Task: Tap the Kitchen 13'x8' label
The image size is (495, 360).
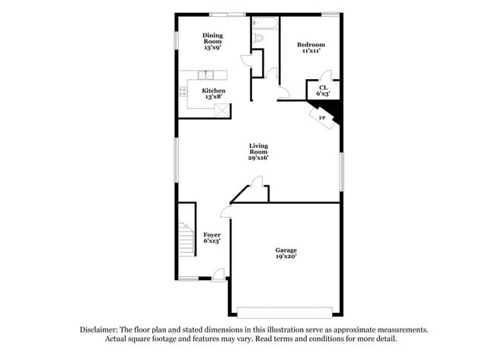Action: tap(213, 94)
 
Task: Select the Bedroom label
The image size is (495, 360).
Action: tap(311, 44)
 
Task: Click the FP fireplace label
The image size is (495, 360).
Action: tap(321, 118)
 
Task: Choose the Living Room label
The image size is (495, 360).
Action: tap(259, 148)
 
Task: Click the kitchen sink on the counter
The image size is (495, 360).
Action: tap(206, 75)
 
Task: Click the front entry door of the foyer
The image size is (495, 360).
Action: tap(219, 274)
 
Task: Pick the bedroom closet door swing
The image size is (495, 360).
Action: tap(325, 75)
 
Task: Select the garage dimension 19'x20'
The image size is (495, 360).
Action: tap(286, 257)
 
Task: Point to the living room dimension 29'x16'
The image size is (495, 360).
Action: tap(259, 158)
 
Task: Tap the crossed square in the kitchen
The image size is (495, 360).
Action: tap(222, 110)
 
